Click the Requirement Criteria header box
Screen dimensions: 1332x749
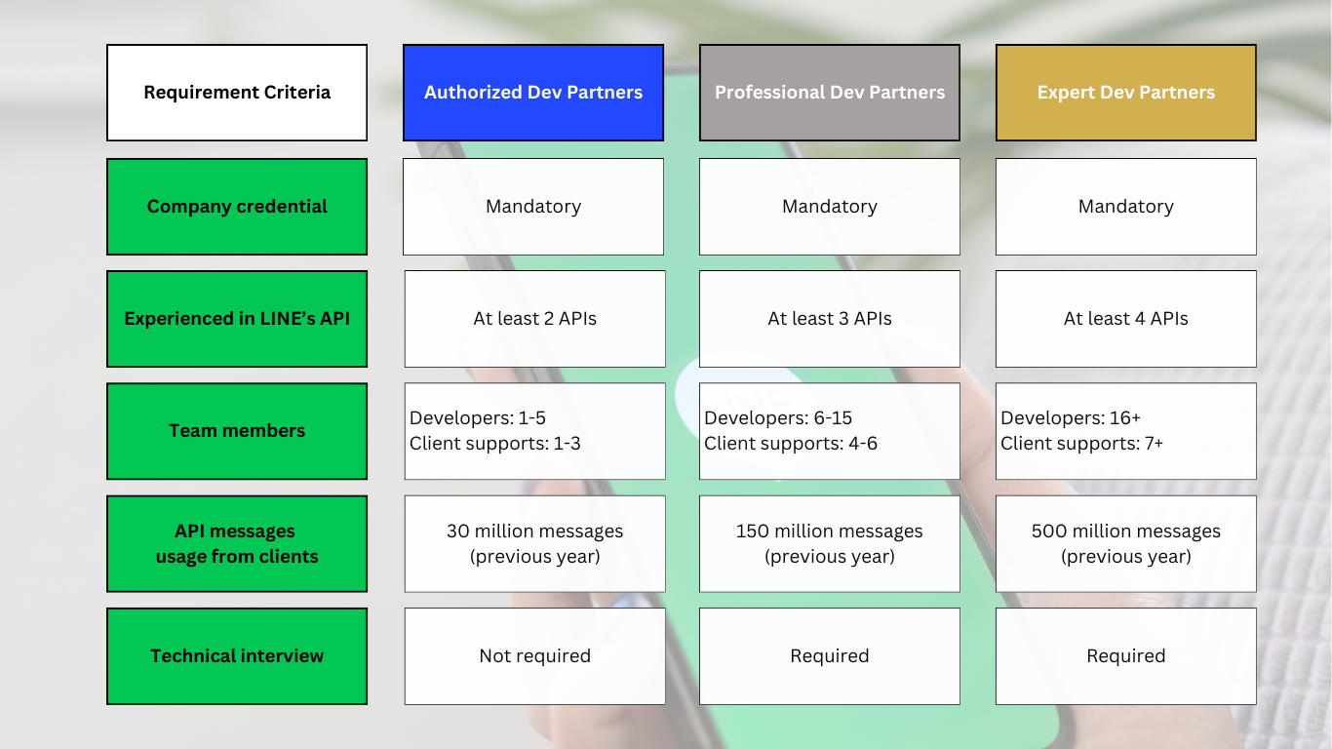click(x=237, y=93)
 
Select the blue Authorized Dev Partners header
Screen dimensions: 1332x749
click(x=532, y=93)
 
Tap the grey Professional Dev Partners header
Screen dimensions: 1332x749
click(x=830, y=93)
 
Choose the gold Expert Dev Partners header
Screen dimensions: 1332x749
click(x=1125, y=93)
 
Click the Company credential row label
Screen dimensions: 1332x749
click(x=237, y=207)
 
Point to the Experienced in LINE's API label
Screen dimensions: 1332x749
click(x=237, y=319)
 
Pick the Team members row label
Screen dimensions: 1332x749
click(x=237, y=431)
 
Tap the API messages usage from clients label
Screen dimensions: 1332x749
click(x=237, y=544)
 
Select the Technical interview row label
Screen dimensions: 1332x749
click(x=237, y=656)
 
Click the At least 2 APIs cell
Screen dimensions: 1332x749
click(x=534, y=319)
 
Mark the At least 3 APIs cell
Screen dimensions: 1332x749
click(x=830, y=319)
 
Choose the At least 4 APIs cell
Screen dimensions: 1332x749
click(x=1125, y=319)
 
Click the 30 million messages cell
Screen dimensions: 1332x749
click(x=534, y=544)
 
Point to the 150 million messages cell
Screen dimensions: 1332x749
click(x=830, y=544)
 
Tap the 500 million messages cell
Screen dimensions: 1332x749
click(x=1125, y=544)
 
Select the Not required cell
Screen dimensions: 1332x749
click(x=534, y=656)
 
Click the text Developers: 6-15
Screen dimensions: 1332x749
click(x=778, y=417)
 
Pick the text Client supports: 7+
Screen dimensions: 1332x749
click(x=1081, y=443)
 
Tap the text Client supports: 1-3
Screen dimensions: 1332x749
click(x=494, y=443)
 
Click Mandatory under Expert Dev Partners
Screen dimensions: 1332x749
click(x=1125, y=207)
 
